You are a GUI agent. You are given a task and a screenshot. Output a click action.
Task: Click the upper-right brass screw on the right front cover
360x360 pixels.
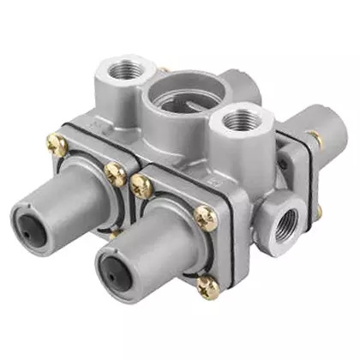point(205,219)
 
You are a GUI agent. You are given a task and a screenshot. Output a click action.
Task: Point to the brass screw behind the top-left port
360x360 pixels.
point(164,69)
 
